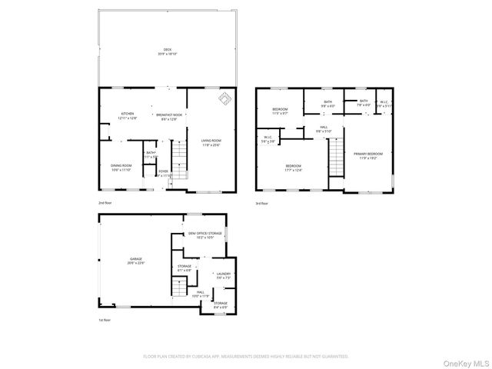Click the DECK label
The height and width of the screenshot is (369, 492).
pyautogui.click(x=168, y=50)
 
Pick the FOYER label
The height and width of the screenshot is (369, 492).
pyautogui.click(x=162, y=173)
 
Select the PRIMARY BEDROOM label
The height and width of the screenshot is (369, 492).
pyautogui.click(x=368, y=155)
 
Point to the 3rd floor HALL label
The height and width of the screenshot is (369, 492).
pyautogui.click(x=324, y=129)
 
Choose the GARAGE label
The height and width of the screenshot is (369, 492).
pyautogui.click(x=136, y=261)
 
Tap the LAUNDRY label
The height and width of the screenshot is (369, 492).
pyautogui.click(x=223, y=275)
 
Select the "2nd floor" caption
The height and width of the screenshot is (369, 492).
pyautogui.click(x=105, y=203)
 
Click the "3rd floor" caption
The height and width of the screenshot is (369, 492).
pyautogui.click(x=263, y=203)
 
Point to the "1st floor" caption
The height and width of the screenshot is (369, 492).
pyautogui.click(x=105, y=319)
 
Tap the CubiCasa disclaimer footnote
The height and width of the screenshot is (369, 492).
pyautogui.click(x=246, y=357)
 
